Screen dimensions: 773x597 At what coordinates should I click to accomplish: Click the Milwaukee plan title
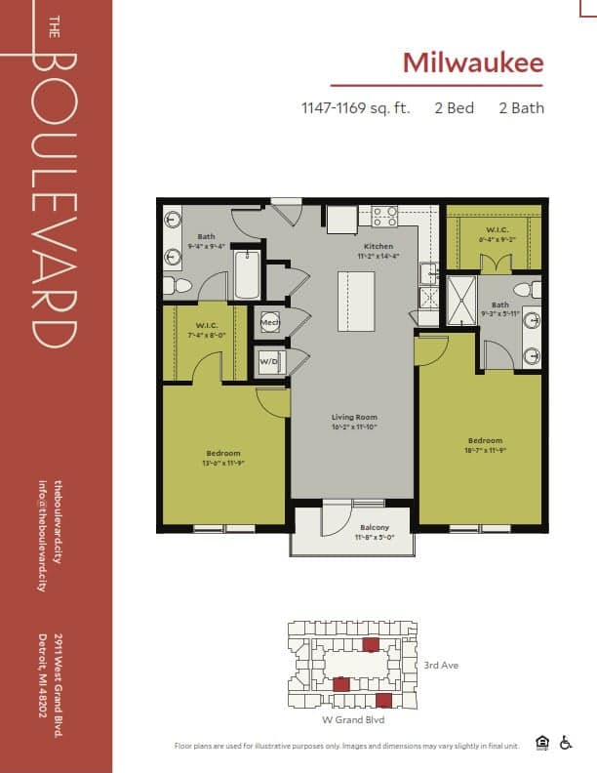[473, 62]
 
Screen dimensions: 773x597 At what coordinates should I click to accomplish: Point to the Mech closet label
[268, 322]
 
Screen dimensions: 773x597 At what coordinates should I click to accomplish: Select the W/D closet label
[268, 363]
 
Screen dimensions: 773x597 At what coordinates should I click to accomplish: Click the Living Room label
[352, 417]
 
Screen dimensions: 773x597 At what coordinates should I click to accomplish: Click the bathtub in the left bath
[247, 274]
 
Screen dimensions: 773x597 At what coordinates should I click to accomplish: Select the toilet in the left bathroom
[176, 286]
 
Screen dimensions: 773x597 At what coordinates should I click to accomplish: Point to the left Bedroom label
[223, 452]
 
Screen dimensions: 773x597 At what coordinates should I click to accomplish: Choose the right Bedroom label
[485, 440]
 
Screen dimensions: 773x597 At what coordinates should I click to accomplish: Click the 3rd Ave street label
[442, 666]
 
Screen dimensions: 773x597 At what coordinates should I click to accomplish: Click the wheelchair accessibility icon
[567, 743]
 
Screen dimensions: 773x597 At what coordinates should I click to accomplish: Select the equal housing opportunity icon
[543, 743]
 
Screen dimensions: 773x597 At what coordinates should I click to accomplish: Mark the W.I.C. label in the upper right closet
[493, 231]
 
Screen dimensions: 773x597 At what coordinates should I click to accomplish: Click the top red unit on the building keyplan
[370, 644]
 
